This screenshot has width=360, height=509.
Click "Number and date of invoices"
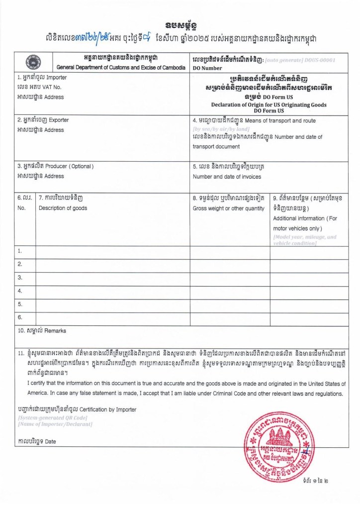pos(227,176)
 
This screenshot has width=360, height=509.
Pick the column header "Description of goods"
pos(63,208)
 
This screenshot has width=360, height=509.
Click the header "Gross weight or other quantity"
pos(229,208)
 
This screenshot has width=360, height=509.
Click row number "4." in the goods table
pos(20,290)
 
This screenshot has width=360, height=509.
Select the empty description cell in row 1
pos(112,251)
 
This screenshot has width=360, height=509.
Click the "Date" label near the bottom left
pos(49,441)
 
